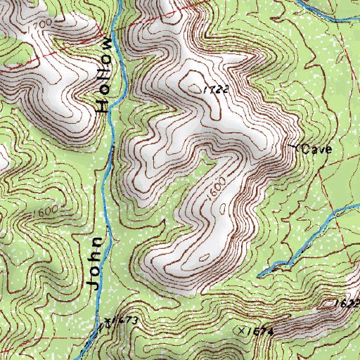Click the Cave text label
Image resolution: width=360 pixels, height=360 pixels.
point(316,149)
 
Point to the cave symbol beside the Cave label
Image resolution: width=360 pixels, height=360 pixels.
point(295,147)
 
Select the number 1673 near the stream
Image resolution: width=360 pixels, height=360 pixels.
point(125,321)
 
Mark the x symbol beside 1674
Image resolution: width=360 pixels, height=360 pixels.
point(241,329)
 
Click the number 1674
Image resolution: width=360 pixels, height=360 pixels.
point(259,330)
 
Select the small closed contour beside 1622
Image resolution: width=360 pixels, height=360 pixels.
point(330,304)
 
